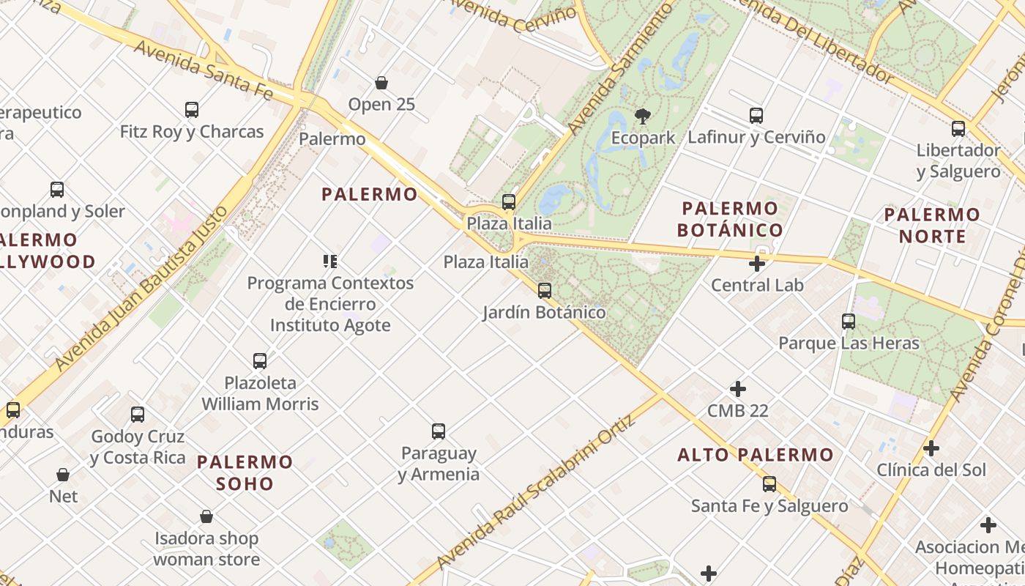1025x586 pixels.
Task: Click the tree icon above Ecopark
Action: click(x=642, y=116)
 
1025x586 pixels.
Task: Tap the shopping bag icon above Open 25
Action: click(x=381, y=83)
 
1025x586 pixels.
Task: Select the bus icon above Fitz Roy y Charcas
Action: click(x=192, y=110)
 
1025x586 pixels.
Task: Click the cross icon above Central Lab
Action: click(x=757, y=264)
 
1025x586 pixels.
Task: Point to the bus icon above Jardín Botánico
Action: click(x=544, y=291)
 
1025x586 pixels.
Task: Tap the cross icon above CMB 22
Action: click(x=738, y=389)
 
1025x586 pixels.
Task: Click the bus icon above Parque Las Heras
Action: click(x=849, y=321)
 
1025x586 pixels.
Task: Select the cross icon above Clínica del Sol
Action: click(x=931, y=448)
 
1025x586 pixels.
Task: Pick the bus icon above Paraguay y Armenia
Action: click(x=439, y=431)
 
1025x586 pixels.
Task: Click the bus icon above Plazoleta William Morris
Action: click(x=260, y=360)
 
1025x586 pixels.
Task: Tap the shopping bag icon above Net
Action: click(x=63, y=475)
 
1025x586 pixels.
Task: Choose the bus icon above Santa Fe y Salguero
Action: click(x=769, y=484)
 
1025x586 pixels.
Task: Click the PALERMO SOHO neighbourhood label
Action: click(x=245, y=472)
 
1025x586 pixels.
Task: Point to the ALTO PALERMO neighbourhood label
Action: click(x=756, y=455)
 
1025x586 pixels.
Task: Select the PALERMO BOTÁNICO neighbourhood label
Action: click(x=729, y=219)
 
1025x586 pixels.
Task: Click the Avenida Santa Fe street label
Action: click(x=204, y=70)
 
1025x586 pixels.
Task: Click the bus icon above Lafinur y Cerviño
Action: click(x=756, y=116)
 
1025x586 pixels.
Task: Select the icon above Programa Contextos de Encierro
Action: click(x=330, y=261)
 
